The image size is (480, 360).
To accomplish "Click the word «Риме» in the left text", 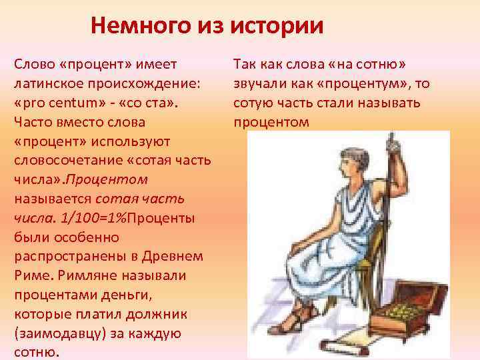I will click(29, 275).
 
